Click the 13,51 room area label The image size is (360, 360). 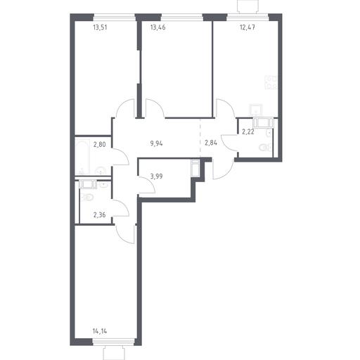(x=100, y=27)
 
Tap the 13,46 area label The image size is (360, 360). (x=158, y=27)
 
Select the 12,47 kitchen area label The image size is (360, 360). (x=247, y=27)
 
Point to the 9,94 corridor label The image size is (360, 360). (x=157, y=143)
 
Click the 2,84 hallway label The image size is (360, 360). (x=211, y=143)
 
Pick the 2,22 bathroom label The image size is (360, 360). (x=248, y=132)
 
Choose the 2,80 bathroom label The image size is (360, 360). (x=100, y=144)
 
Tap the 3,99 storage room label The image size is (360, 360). (x=157, y=176)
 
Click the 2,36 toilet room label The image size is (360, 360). (x=99, y=214)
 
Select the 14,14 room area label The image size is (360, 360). (x=100, y=331)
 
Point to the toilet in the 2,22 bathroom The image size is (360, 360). (x=266, y=148)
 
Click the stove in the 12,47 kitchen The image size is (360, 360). (x=271, y=82)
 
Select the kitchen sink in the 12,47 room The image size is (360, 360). (x=256, y=110)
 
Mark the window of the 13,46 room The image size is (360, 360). (x=182, y=18)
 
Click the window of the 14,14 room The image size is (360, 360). (x=114, y=342)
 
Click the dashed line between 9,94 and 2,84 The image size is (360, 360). (x=200, y=138)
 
